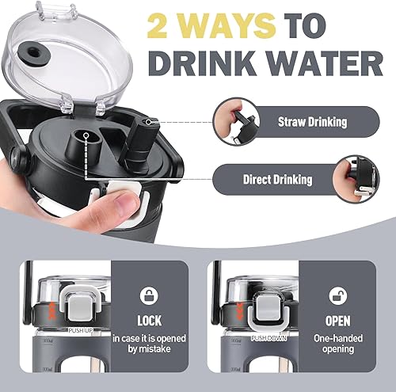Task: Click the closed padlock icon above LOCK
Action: (x=149, y=296)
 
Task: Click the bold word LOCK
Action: (x=149, y=322)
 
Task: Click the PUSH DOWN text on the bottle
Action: (x=270, y=337)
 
